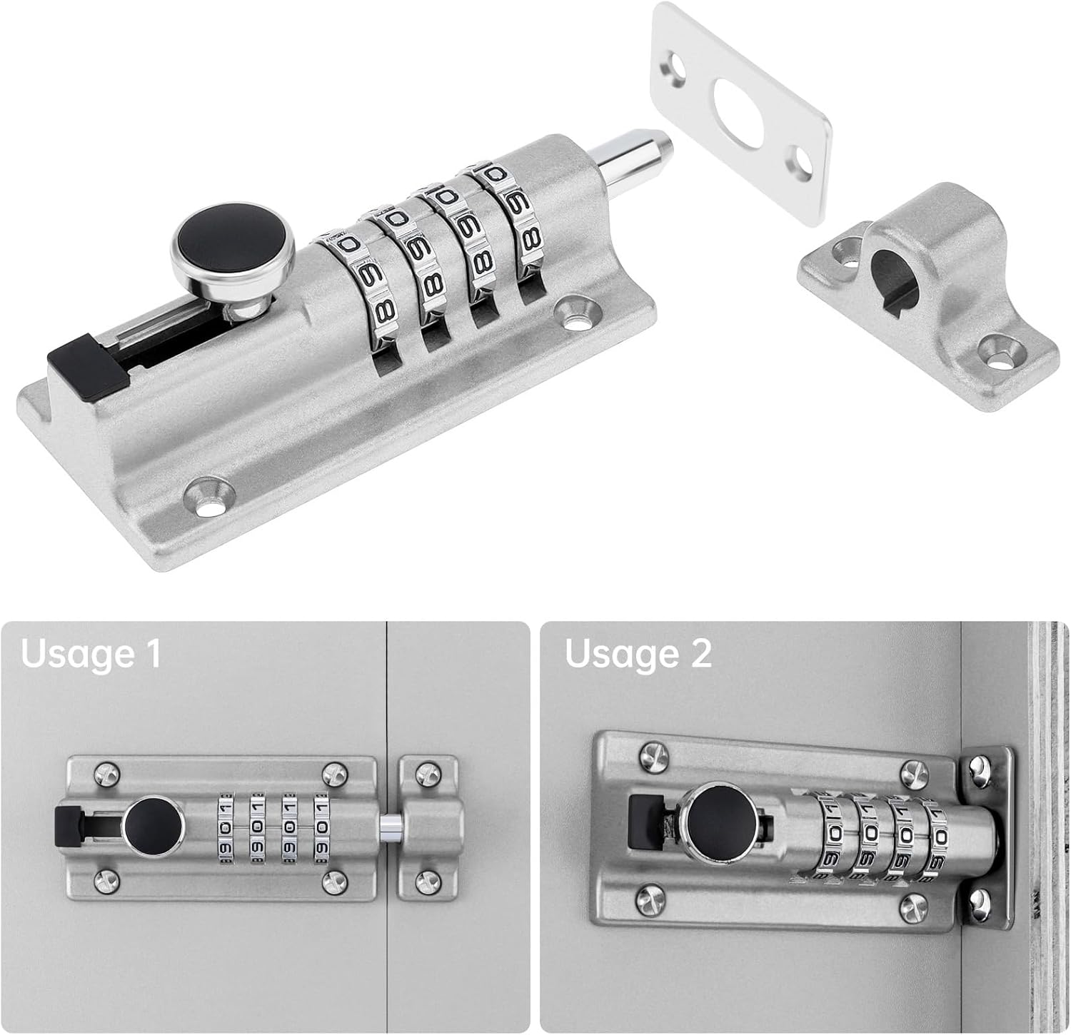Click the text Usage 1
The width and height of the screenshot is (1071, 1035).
(91, 653)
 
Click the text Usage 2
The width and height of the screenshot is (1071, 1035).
(638, 653)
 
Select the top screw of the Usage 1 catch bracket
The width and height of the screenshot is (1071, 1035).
(428, 773)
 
